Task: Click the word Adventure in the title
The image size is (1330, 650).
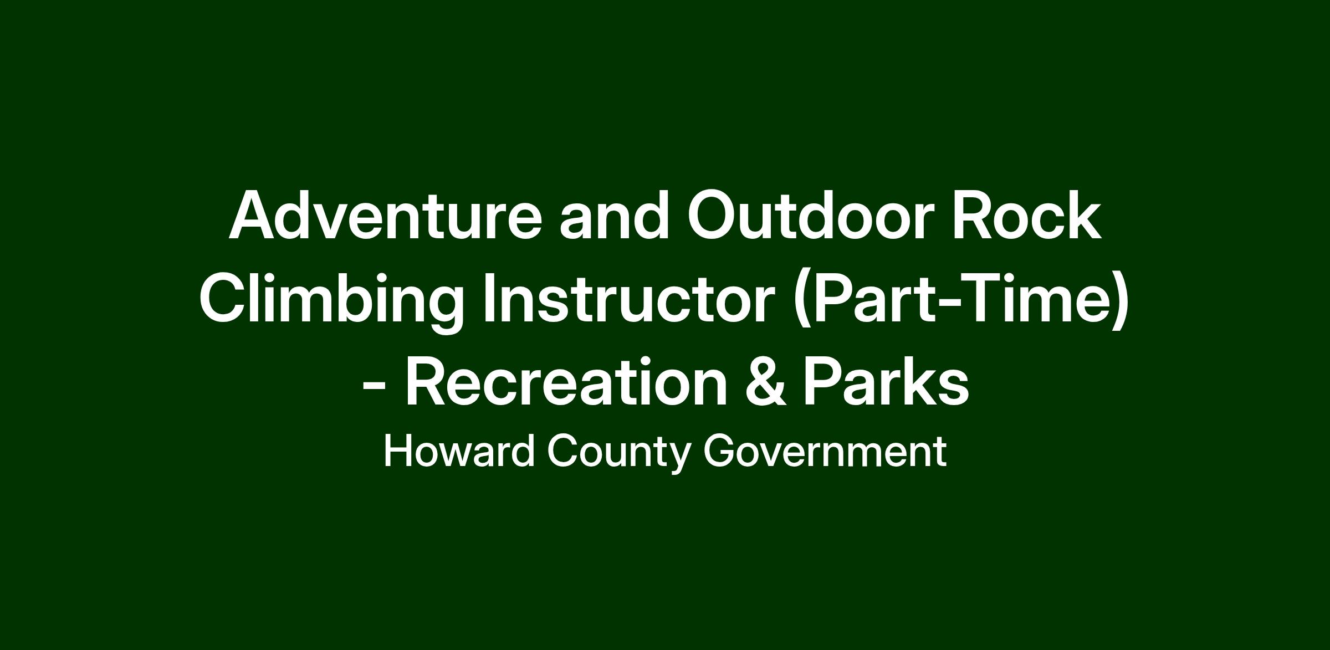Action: point(385,216)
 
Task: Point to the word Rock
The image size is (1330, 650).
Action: point(1026,216)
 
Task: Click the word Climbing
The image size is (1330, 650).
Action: point(331,300)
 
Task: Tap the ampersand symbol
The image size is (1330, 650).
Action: point(765,382)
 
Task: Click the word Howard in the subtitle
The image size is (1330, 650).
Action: point(459,452)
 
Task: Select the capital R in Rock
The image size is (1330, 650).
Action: point(974,216)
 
